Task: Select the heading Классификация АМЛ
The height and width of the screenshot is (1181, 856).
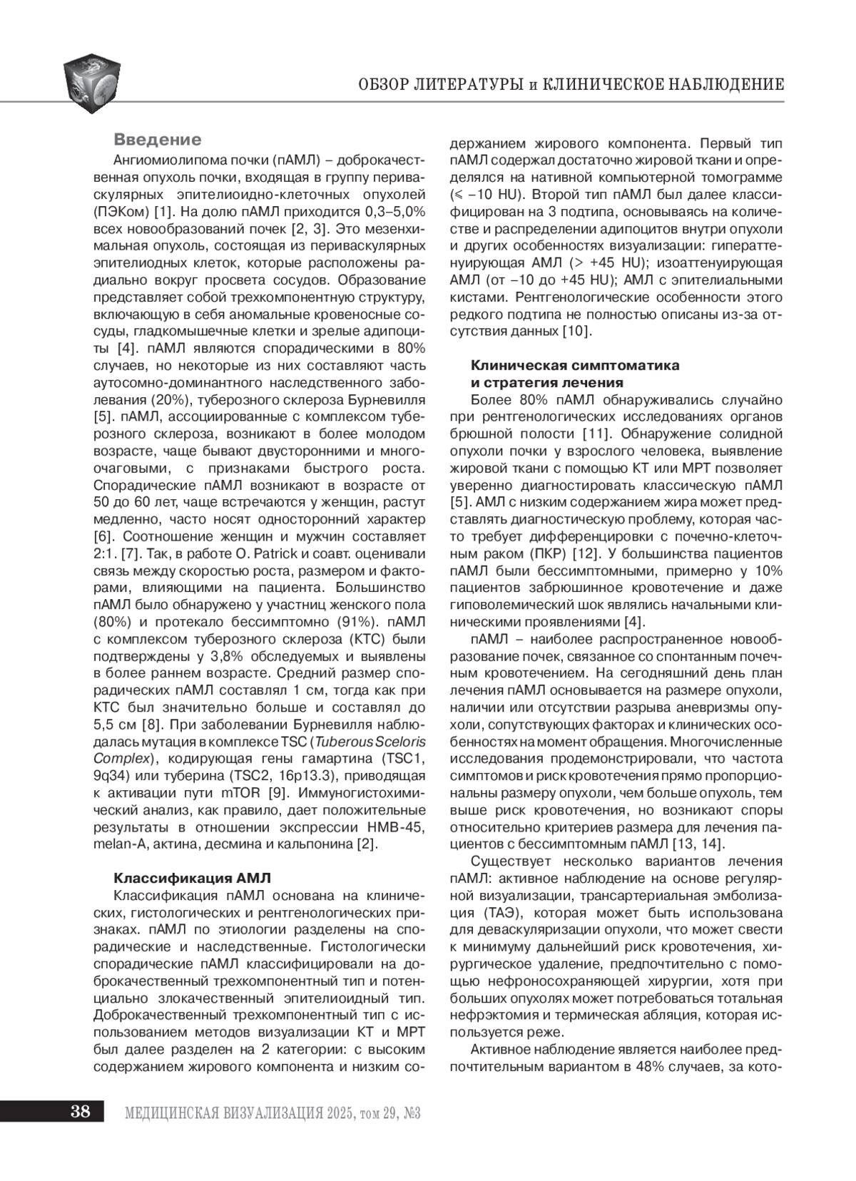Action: pyautogui.click(x=193, y=878)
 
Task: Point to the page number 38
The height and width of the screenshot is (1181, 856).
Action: pyautogui.click(x=80, y=1111)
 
